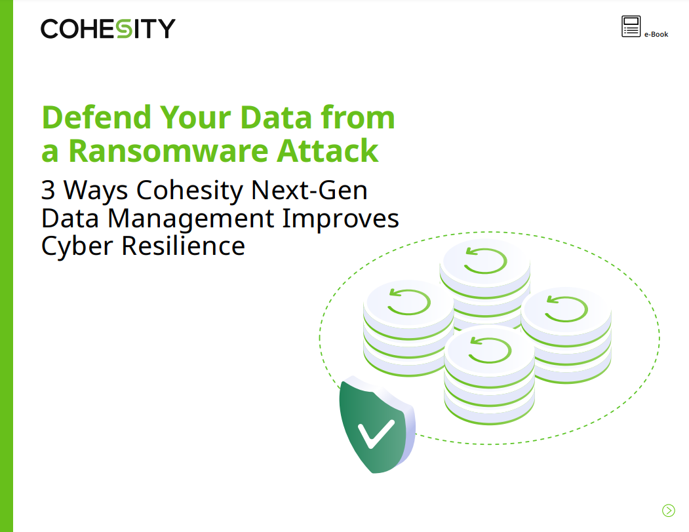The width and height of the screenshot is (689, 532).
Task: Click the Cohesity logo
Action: pos(108,29)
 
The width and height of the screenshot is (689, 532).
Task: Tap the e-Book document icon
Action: pos(631,26)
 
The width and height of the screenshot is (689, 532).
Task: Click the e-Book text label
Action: pos(656,34)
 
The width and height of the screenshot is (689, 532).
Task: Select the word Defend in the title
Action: pos(96,117)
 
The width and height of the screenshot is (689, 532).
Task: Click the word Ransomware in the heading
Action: pos(168,151)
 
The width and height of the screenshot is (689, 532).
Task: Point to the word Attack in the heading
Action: pos(327,151)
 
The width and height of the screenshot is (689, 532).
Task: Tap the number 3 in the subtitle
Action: pos(49,190)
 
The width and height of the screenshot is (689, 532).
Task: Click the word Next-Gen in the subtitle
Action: pos(309,190)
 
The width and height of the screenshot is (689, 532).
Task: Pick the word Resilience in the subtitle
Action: pos(184,246)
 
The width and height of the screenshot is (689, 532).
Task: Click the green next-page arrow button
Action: pos(668,510)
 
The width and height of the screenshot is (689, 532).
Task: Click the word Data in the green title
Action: pos(275,117)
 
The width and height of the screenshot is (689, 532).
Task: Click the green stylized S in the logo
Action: pos(125,29)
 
